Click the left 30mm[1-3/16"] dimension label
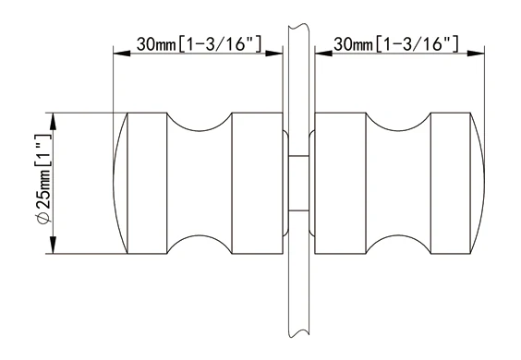click(199, 43)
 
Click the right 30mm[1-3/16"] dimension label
click(396, 43)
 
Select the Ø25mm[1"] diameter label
click(43, 179)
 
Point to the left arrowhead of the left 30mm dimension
click(122, 54)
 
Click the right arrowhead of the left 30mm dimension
click(274, 54)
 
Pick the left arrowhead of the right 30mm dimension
click(323, 54)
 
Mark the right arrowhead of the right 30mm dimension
click(476, 54)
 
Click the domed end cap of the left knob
click(121, 184)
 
